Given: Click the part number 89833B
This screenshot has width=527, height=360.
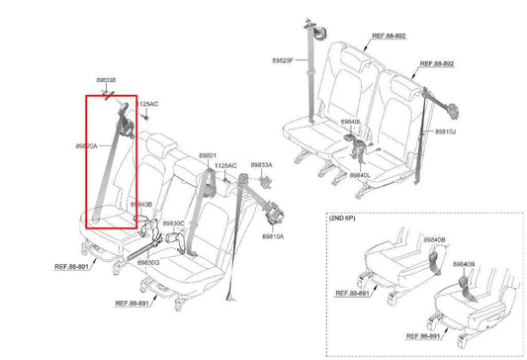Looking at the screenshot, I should pos(105,80).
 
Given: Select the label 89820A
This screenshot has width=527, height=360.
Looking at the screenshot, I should pos(86,146).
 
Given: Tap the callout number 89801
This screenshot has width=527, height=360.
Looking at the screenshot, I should pos(207,155).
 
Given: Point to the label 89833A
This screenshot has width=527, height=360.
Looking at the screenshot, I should pos(261,165).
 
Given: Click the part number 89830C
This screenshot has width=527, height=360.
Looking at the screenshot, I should pos(174,225).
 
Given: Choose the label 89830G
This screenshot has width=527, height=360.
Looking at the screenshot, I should pos(148,262).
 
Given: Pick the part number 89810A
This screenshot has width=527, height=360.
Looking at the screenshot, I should pos(273,238).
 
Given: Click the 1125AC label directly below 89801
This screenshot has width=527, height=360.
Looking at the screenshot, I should pos(226,165).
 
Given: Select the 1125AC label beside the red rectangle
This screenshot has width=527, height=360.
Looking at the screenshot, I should pos(146,103).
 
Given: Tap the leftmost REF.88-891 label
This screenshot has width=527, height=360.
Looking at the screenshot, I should pos(75,265).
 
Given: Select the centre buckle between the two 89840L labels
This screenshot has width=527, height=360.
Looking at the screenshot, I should pos(354,148).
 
